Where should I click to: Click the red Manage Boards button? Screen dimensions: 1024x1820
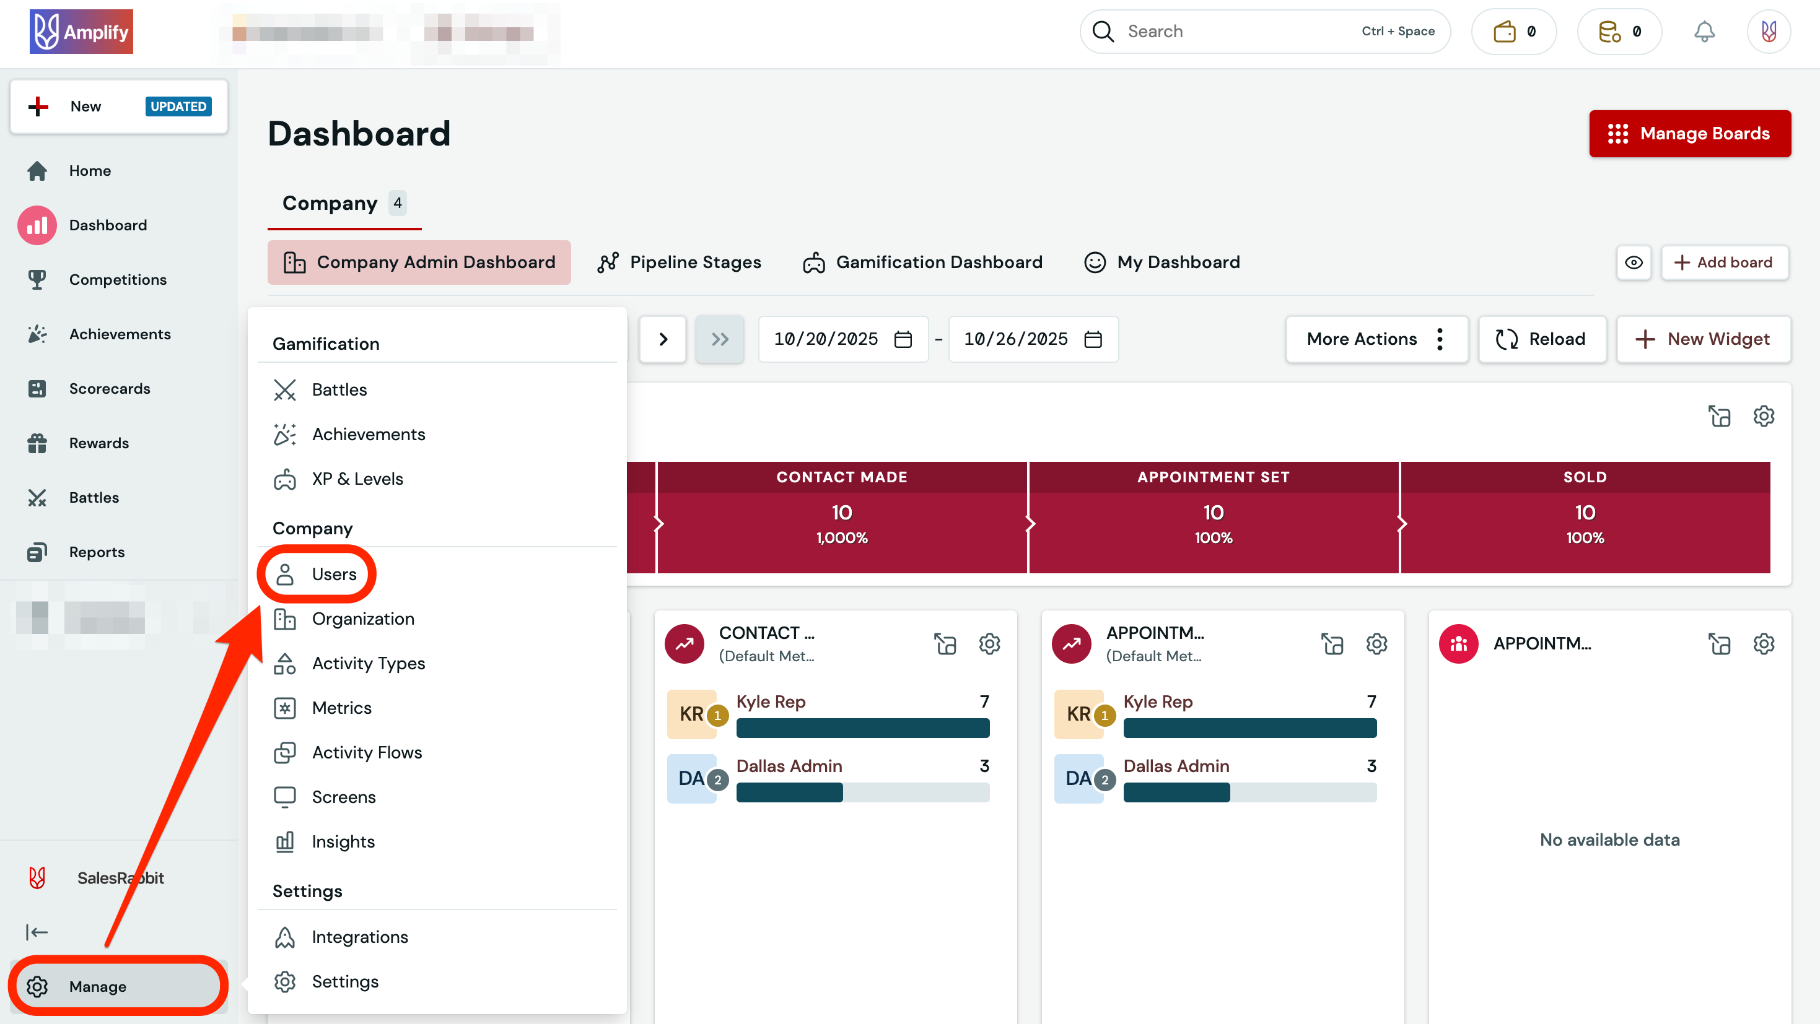point(1689,134)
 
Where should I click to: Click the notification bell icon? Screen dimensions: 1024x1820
point(1704,32)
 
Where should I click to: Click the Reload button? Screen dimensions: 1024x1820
point(1542,339)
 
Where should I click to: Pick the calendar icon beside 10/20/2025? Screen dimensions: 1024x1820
point(903,339)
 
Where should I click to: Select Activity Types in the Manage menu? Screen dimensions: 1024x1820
point(368,663)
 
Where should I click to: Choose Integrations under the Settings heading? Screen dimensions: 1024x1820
point(360,937)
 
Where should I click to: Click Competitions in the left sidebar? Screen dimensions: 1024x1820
point(118,280)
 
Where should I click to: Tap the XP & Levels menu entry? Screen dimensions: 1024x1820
point(357,479)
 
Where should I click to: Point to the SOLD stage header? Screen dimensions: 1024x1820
point(1585,477)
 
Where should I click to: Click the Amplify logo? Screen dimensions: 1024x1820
point(81,32)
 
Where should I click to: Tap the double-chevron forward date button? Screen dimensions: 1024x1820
point(719,339)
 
